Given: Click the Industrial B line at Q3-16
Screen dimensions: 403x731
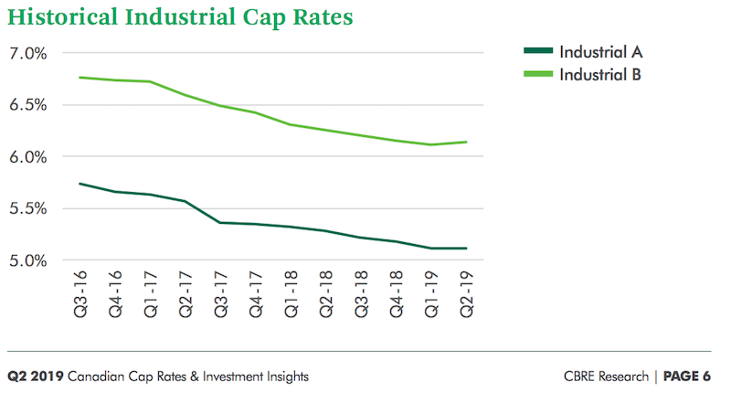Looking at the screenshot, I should coord(80,78).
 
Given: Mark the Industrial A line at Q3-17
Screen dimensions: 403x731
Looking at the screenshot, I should coord(221,222).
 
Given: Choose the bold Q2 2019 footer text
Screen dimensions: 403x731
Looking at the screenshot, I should coord(35,376).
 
